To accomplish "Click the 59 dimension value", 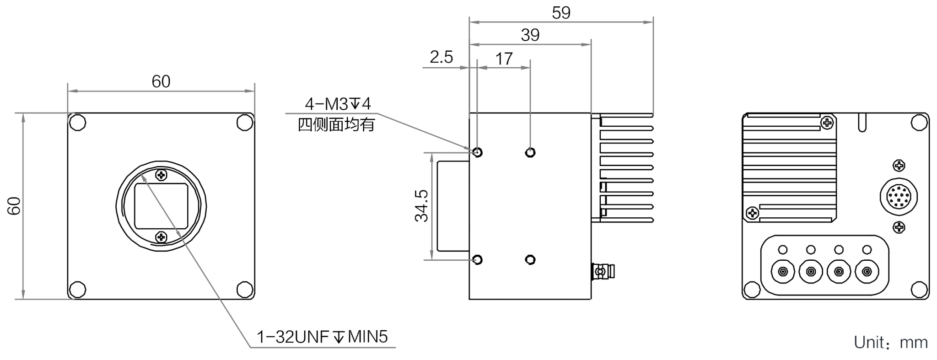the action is tap(561, 12).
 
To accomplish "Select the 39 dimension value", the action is tap(530, 35).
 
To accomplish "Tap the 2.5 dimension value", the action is tap(442, 57).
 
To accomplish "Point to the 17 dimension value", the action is tap(504, 59).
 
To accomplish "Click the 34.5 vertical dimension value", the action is tap(421, 206).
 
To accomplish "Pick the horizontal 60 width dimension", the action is tap(161, 81).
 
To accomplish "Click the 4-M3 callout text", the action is tap(338, 104).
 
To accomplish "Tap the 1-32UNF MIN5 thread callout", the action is tap(322, 337).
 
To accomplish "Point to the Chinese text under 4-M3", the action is tap(336, 124).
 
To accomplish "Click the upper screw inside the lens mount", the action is tap(161, 175).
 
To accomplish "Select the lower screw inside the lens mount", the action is tap(161, 237).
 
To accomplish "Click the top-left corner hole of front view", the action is tap(77, 122).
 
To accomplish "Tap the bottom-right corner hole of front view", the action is tap(245, 290).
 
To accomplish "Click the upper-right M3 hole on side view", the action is tap(530, 152).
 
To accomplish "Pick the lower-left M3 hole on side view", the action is tap(477, 260).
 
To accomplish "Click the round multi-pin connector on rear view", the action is tap(899, 197).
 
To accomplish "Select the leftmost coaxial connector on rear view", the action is tap(783, 272).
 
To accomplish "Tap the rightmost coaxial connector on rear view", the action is tap(867, 272).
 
